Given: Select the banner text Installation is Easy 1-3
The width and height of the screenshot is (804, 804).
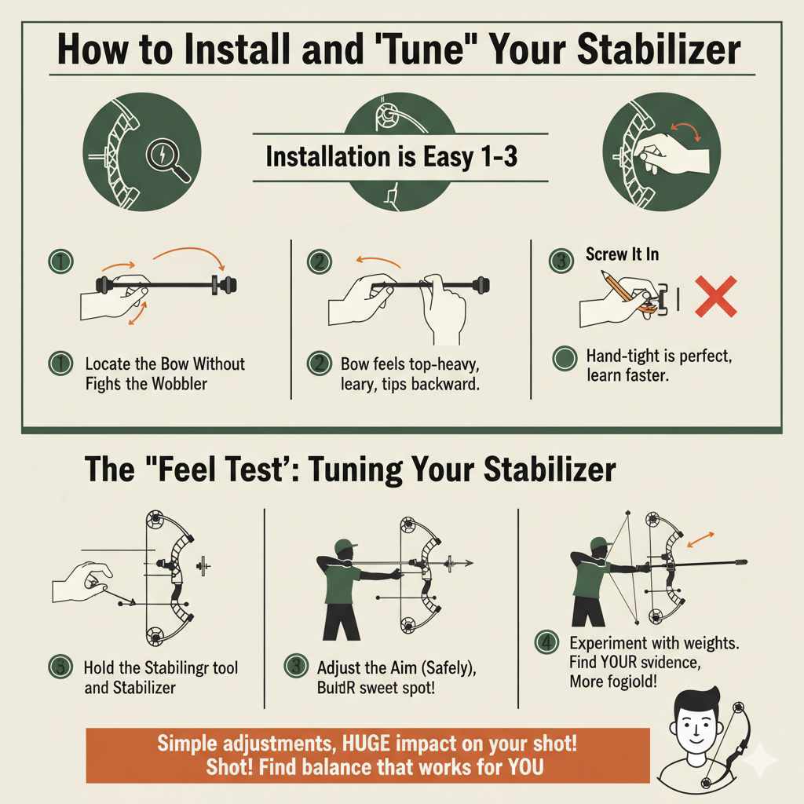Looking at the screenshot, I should tap(391, 156).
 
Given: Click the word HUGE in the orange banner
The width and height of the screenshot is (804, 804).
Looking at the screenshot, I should tap(363, 743).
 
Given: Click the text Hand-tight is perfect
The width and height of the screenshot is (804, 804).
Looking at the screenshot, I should tap(658, 357).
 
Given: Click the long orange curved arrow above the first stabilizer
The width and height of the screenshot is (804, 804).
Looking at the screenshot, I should tap(189, 259).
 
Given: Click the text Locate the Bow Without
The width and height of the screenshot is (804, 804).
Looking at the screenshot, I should tap(165, 364).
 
